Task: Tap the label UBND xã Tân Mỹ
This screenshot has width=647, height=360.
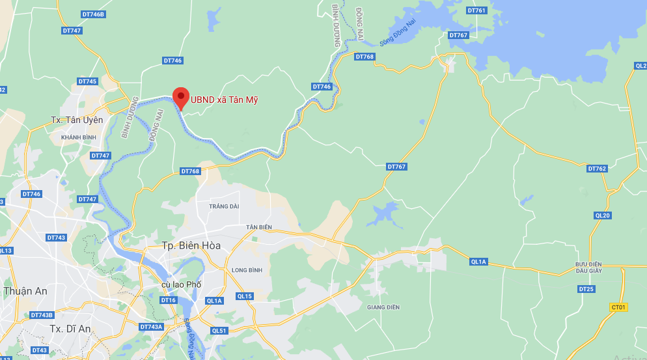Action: tap(225, 100)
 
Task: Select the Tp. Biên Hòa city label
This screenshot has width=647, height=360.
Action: tap(191, 245)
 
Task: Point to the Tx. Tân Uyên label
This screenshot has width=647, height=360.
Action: tap(77, 120)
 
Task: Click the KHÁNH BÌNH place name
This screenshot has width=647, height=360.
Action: tap(78, 137)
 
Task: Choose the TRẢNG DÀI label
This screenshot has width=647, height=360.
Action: tap(224, 206)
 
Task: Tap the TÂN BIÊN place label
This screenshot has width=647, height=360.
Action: tap(258, 227)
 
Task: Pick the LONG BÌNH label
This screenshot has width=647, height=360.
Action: tap(246, 270)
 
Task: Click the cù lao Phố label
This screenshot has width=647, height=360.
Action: tap(182, 285)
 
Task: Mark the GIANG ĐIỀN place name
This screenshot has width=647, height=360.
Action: tap(383, 307)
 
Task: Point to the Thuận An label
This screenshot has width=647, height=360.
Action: tap(25, 291)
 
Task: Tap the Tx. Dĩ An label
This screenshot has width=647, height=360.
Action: tap(70, 329)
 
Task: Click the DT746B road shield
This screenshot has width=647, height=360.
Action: tap(94, 14)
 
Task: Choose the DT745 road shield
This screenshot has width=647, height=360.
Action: tap(87, 81)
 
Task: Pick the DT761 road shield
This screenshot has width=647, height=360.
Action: tap(476, 10)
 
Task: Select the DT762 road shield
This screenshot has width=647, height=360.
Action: tap(597, 169)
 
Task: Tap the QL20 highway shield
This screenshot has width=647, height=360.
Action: tap(603, 215)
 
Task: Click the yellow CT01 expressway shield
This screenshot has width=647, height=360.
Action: tap(618, 307)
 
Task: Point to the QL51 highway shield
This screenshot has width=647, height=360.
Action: tap(219, 331)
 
